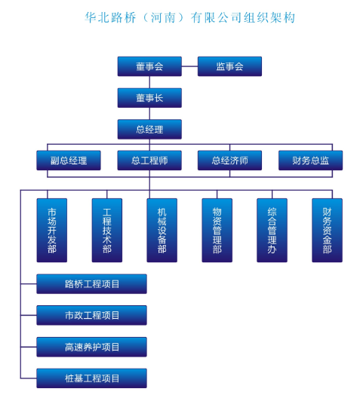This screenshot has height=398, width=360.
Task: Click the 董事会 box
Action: (149, 66)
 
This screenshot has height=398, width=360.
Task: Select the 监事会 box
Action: (229, 66)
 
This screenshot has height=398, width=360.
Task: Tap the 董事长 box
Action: (149, 98)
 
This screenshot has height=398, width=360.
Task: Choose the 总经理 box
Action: (149, 130)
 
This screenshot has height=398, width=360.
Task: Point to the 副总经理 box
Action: (69, 161)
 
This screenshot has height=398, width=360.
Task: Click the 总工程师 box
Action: (149, 161)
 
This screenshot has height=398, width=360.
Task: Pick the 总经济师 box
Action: (229, 161)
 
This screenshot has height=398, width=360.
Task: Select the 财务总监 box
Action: (310, 161)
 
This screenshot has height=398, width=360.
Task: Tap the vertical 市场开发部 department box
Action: (52, 230)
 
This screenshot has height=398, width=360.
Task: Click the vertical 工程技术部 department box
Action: (107, 230)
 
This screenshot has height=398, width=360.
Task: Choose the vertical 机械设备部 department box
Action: (162, 230)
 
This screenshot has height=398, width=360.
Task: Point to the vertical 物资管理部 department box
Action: (217, 230)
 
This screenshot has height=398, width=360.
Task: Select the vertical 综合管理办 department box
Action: (272, 230)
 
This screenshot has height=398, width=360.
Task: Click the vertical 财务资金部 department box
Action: (327, 230)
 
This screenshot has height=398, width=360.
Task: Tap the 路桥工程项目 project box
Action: (92, 284)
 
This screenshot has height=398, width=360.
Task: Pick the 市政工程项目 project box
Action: (92, 316)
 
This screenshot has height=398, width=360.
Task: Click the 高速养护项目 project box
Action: (92, 347)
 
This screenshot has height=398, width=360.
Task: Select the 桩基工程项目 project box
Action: (92, 378)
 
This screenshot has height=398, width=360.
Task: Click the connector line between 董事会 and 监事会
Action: (189, 66)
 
